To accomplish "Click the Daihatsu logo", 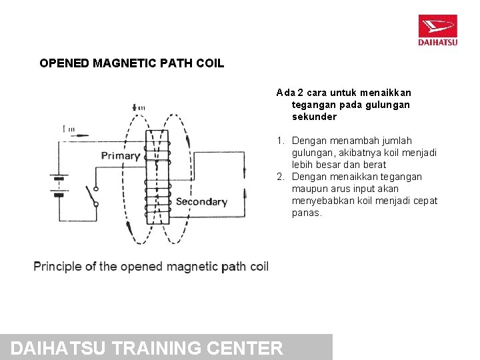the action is coord(437,30).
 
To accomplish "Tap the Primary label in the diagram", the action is coord(121,156).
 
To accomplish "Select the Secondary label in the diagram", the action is coord(201,201).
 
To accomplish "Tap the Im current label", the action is coord(68,129).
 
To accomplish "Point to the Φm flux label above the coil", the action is coord(139,107).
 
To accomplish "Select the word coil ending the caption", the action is coord(259,267).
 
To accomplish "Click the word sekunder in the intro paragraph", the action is coord(314,117).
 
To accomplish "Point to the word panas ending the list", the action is coord(307,213).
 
